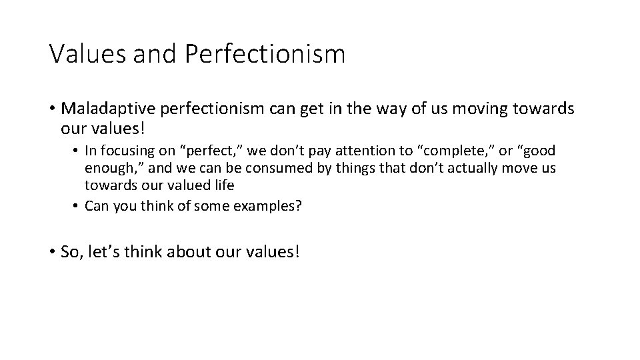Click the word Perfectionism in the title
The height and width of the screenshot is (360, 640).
(265, 54)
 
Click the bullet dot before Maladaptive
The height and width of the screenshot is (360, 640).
(52, 110)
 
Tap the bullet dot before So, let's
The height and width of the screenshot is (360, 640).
(52, 252)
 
